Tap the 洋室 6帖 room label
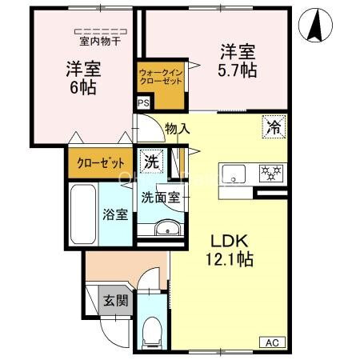(81, 77)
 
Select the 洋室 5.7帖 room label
(238, 62)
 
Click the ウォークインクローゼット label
(161, 78)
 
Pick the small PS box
(143, 103)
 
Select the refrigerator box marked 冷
(274, 126)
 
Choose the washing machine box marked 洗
(151, 161)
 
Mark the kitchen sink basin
(236, 173)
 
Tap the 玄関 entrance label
(113, 301)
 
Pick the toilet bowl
(152, 330)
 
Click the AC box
(271, 342)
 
